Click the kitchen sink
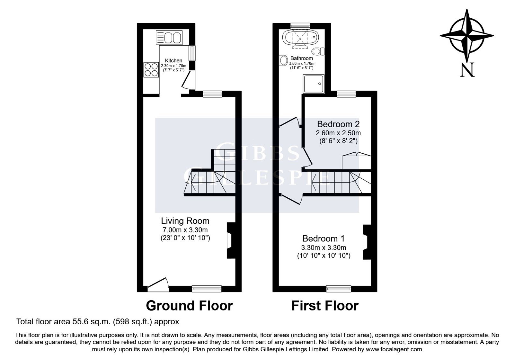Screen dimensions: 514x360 pos(169,38)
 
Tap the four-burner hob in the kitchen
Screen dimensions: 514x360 pos(151,70)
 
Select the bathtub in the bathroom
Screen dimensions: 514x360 pos(300,38)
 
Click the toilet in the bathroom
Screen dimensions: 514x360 pos(318,51)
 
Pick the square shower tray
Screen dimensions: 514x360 pos(314,84)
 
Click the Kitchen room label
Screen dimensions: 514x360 pos(173,61)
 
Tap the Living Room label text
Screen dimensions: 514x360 pos(185,221)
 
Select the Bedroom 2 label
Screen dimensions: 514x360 pos(338,124)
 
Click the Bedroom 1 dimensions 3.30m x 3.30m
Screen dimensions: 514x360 pos(323,248)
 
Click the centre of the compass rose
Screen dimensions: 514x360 pos(467,36)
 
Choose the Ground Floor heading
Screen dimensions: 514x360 pos(189,306)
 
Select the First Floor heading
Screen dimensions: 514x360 pos(325,306)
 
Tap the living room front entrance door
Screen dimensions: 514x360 pos(158,285)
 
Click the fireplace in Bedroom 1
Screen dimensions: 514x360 pos(367,242)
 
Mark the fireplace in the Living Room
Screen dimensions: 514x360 pos(231,240)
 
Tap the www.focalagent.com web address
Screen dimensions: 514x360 pos(394,349)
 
